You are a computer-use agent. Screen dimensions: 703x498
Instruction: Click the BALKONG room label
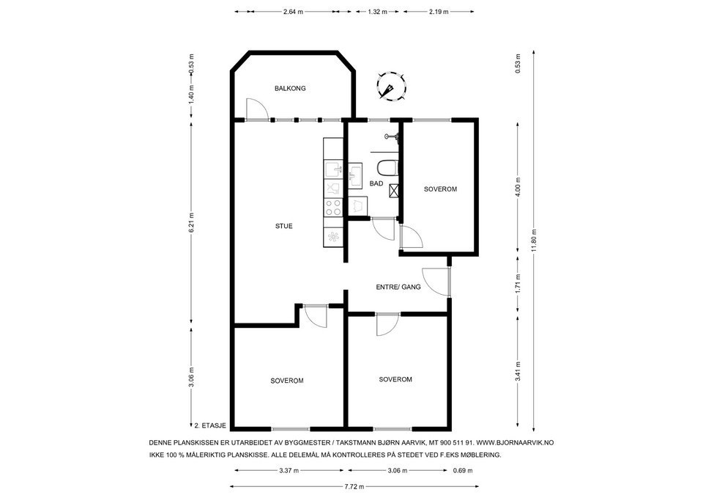(x=290, y=89)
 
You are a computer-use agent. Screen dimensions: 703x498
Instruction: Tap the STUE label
(x=284, y=226)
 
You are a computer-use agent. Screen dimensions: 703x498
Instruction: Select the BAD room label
(x=376, y=183)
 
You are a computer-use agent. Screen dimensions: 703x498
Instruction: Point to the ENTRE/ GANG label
(x=398, y=287)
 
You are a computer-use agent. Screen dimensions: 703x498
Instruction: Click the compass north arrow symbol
(x=391, y=87)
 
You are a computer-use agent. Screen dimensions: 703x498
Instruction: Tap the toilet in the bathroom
(x=387, y=168)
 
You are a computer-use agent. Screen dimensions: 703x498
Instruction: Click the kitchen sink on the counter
(x=333, y=170)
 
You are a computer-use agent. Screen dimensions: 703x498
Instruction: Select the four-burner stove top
(x=333, y=207)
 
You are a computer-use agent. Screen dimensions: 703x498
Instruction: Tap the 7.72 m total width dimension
(x=354, y=486)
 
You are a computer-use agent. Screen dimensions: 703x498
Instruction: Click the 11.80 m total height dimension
(x=534, y=241)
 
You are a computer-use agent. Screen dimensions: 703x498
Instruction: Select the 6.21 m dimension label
(x=191, y=222)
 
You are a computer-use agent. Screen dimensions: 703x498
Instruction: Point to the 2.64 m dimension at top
(x=293, y=12)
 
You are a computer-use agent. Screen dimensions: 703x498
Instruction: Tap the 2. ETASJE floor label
(x=210, y=425)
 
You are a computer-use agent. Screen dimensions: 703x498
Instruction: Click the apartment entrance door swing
(x=436, y=282)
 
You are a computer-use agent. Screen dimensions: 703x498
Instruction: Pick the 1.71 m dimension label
(x=518, y=283)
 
